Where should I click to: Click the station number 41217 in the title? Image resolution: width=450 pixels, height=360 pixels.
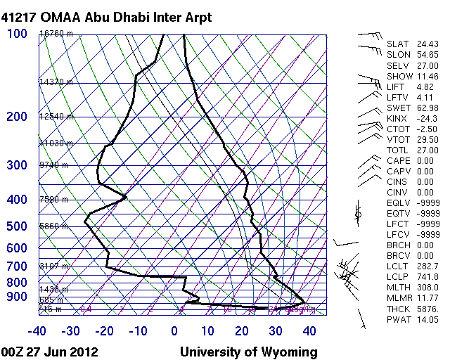click(x=20, y=16)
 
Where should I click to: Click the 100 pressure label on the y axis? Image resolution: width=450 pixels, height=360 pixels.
click(x=17, y=34)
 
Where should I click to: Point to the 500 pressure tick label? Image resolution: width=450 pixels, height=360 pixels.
click(x=17, y=226)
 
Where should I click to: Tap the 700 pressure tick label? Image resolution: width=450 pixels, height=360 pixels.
click(x=17, y=266)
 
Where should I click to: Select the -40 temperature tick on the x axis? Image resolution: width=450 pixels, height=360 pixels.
click(x=37, y=331)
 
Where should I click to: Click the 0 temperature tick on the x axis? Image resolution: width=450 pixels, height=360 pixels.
click(x=174, y=331)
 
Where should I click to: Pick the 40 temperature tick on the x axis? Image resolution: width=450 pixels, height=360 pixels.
click(x=308, y=331)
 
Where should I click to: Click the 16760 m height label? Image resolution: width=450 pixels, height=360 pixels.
click(x=56, y=34)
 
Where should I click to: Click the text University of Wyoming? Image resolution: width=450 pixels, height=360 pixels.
click(x=248, y=352)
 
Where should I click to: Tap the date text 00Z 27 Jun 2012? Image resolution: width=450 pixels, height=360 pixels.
click(x=49, y=352)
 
